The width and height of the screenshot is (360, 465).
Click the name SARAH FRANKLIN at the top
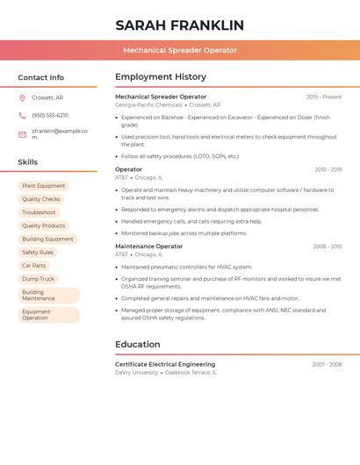pos(179,25)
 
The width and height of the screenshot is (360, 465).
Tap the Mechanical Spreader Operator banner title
pos(179,50)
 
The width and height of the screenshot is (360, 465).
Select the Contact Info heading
pos(40,77)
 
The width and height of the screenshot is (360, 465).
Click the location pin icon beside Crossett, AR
pos(22,97)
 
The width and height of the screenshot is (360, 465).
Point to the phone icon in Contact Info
pos(22,115)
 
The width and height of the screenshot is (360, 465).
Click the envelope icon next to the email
pos(22,134)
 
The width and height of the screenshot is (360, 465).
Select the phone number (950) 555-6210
pos(50,115)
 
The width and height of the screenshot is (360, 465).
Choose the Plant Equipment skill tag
pos(43,186)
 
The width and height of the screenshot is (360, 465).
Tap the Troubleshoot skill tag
pos(39,212)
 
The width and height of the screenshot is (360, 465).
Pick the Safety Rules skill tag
pos(38,253)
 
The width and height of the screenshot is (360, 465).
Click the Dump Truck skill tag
pos(38,279)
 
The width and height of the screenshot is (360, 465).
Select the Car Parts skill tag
pos(33,266)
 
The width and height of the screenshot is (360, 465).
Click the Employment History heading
pos(160,77)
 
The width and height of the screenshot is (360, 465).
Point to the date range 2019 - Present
pos(324,97)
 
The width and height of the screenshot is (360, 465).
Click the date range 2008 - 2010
pos(327,247)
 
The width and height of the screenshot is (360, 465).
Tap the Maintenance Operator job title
pos(148,247)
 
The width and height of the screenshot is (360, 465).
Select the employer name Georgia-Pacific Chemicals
pos(148,105)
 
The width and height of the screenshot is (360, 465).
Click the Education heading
pos(137,345)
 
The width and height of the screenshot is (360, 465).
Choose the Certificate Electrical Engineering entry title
pos(164,364)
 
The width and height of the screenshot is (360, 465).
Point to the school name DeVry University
pos(136,373)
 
